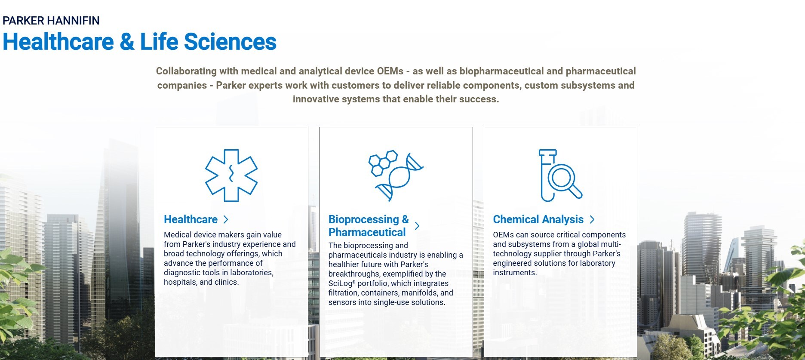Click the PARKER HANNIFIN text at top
[x=51, y=21]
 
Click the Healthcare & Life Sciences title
[x=139, y=42]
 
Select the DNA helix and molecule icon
[x=396, y=175]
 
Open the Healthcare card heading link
[x=190, y=219]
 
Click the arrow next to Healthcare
[x=226, y=219]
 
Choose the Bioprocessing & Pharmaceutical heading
[x=369, y=226]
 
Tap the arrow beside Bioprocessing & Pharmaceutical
[x=417, y=226]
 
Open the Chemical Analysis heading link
[x=538, y=219]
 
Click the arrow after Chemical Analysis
[x=592, y=219]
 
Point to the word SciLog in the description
[x=341, y=283]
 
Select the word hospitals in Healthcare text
[x=181, y=282]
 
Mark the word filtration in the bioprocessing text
[x=344, y=293]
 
